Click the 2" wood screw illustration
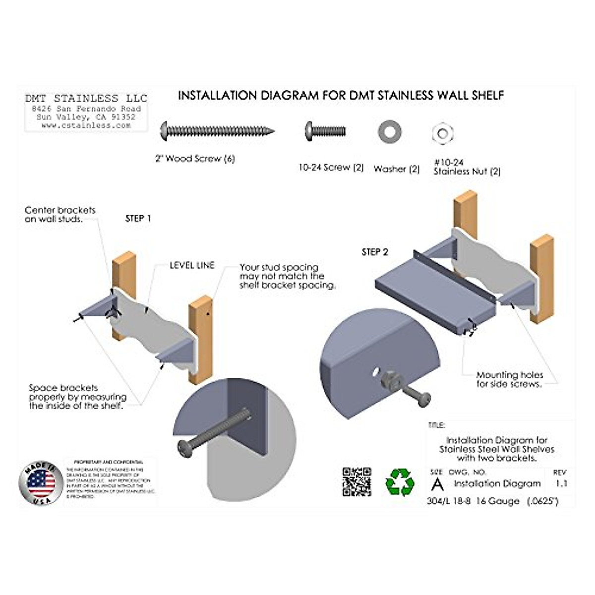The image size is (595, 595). pyautogui.click(x=217, y=131)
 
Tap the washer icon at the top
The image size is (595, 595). pyautogui.click(x=389, y=131)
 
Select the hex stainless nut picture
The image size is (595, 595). pyautogui.click(x=443, y=133)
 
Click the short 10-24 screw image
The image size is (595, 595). pyautogui.click(x=325, y=131)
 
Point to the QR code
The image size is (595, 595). pyautogui.click(x=357, y=481)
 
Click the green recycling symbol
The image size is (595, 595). pyautogui.click(x=400, y=482)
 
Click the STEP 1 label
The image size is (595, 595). pyautogui.click(x=138, y=219)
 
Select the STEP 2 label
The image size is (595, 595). pyautogui.click(x=375, y=252)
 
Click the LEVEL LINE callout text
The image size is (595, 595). pyautogui.click(x=192, y=266)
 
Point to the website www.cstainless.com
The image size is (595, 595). pyautogui.click(x=86, y=126)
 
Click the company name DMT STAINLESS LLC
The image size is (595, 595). pyautogui.click(x=86, y=98)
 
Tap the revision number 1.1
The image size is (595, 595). pyautogui.click(x=561, y=483)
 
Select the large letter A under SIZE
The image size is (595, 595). pyautogui.click(x=437, y=484)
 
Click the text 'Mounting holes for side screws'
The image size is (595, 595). pyautogui.click(x=509, y=379)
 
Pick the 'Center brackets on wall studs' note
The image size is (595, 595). pyautogui.click(x=60, y=214)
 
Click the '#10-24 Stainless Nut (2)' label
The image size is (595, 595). pyautogui.click(x=467, y=167)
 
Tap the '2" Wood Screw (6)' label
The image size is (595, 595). pyautogui.click(x=195, y=159)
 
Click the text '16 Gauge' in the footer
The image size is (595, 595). pyautogui.click(x=497, y=501)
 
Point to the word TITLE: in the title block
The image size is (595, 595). pyautogui.click(x=436, y=425)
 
